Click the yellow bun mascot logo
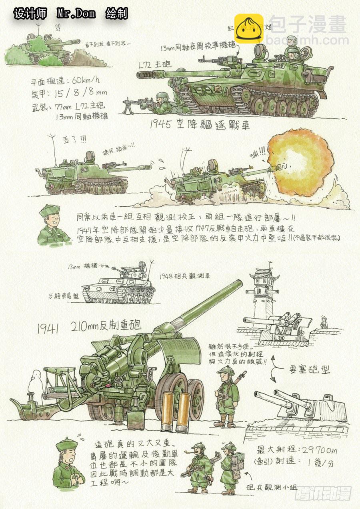click(248, 28)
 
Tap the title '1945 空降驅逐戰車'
click(200, 125)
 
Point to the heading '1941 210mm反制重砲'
click(89, 327)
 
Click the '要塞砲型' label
click(310, 369)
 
